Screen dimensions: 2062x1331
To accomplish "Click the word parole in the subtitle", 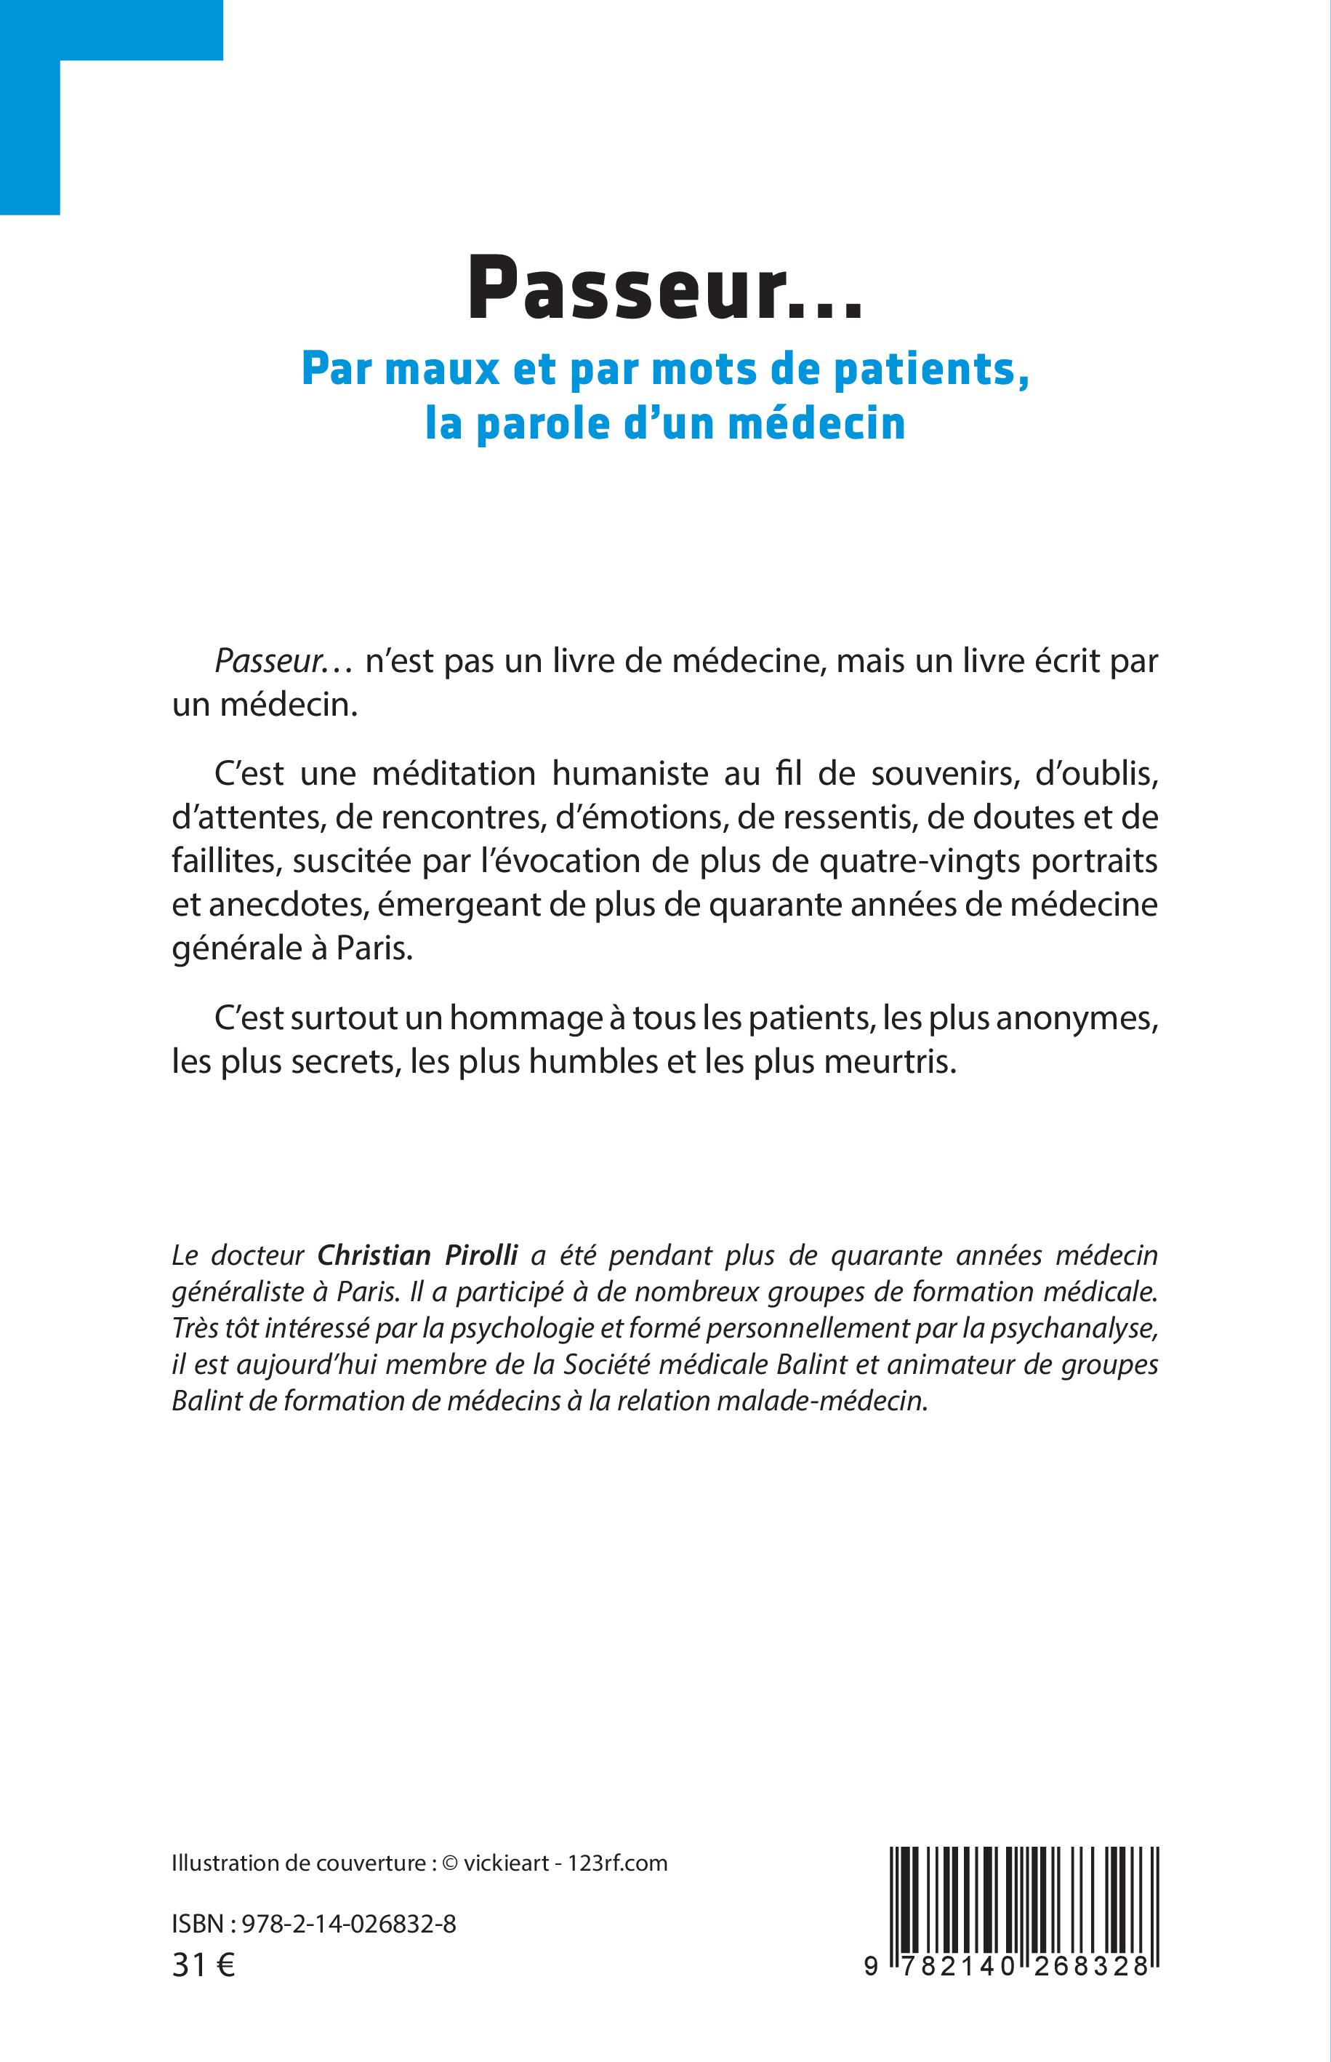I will click(x=541, y=423).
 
